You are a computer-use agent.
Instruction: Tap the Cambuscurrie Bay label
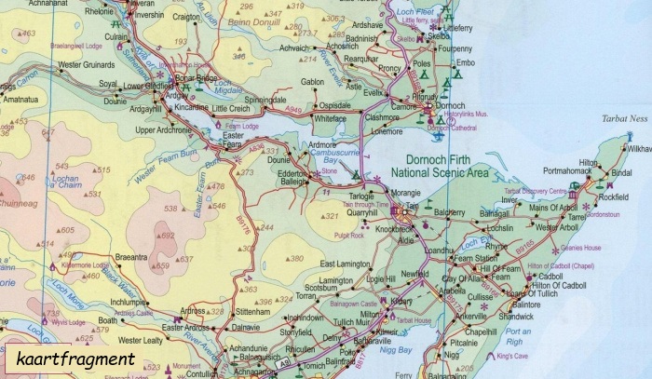pyautogui.click(x=330, y=157)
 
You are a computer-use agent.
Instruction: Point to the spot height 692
pyautogui.click(x=168, y=237)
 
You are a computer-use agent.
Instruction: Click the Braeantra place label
pyautogui.click(x=131, y=256)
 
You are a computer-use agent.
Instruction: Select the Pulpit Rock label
pyautogui.click(x=349, y=236)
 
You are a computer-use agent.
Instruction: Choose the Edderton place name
pyautogui.click(x=292, y=173)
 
